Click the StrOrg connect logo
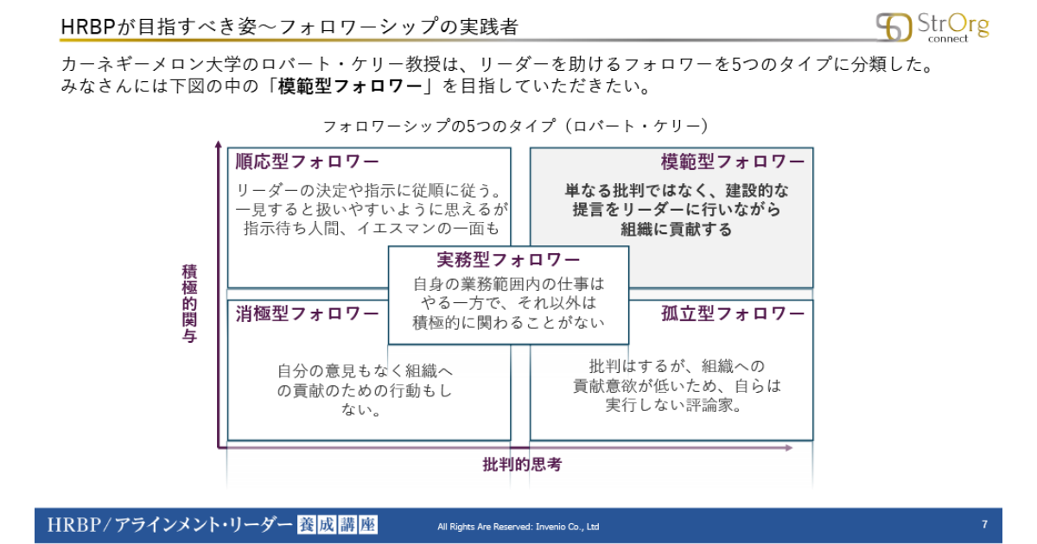click(x=932, y=27)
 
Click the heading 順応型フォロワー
click(x=307, y=161)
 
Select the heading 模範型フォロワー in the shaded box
click(x=733, y=161)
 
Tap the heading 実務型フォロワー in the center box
click(x=508, y=260)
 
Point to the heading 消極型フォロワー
click(x=307, y=313)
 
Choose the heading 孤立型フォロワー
click(x=733, y=313)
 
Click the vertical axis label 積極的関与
click(x=189, y=303)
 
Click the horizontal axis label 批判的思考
click(x=522, y=464)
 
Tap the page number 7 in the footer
click(x=984, y=524)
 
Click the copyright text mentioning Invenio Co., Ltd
click(x=518, y=527)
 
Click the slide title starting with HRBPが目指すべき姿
click(x=289, y=27)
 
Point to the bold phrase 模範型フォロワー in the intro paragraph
click(x=351, y=86)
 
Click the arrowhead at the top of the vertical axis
click(x=219, y=144)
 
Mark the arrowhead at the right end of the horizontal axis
click(x=788, y=447)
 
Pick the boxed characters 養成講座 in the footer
click(x=338, y=525)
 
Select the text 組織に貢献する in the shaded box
click(x=676, y=229)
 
